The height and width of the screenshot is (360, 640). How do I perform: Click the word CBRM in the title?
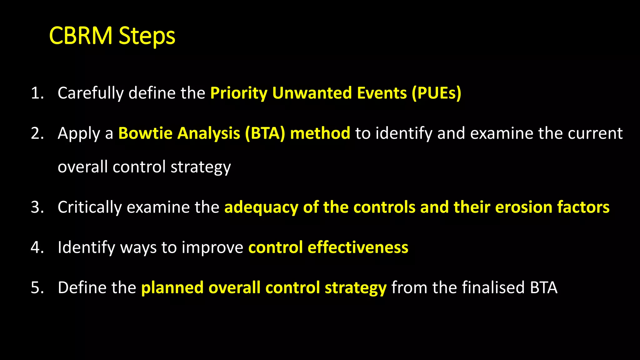(x=81, y=36)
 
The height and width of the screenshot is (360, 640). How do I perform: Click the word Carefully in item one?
(x=91, y=93)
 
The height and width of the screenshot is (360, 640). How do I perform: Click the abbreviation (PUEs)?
(x=436, y=93)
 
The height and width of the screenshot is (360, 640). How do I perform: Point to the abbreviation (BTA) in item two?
(x=265, y=133)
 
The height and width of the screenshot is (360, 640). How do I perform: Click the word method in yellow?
(x=320, y=133)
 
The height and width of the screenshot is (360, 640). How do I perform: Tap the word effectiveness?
(x=358, y=247)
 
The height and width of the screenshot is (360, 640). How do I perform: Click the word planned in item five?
(x=172, y=288)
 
